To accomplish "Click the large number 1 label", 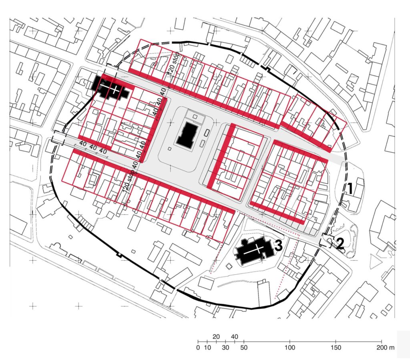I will tap(349, 188).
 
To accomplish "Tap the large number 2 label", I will tap(340, 243).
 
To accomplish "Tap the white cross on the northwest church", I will tap(114, 89).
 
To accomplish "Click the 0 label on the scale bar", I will tap(198, 347).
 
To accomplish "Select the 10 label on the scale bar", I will tap(207, 347).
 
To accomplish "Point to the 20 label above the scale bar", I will tap(216, 336).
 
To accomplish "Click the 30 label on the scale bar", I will tap(225, 347).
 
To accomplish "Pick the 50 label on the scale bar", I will tap(243, 347).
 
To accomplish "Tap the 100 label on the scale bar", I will tap(290, 347).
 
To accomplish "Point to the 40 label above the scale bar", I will tap(235, 336).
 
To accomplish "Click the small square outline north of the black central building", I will tap(195, 116).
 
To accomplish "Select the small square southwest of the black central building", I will tap(170, 149).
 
